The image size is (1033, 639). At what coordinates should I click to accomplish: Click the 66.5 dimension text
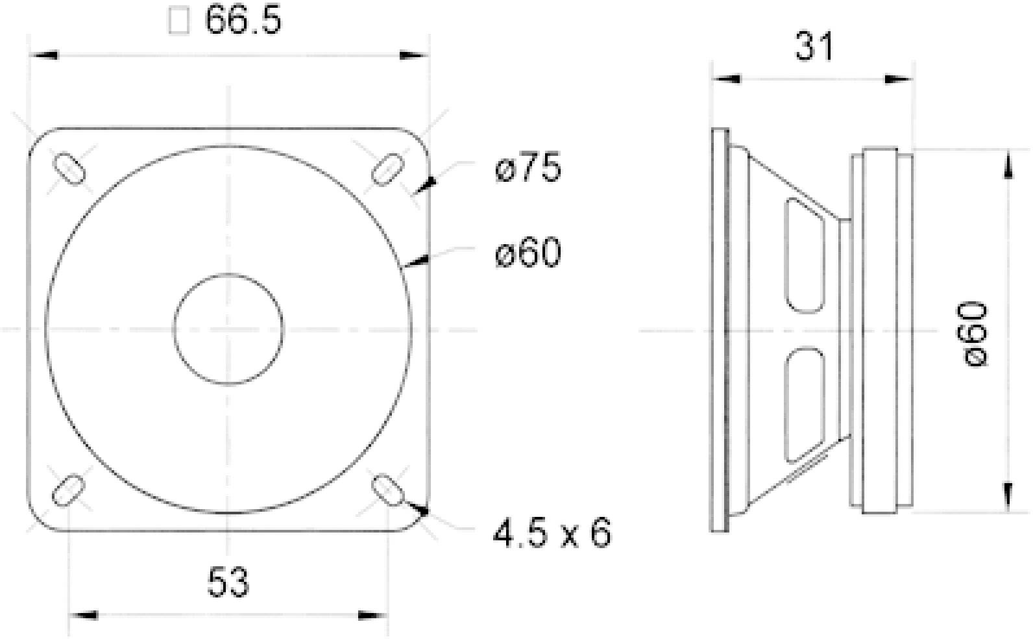click(243, 21)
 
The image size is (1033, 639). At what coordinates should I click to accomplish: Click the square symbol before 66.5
click(178, 21)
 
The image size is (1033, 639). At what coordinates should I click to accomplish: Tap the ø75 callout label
click(528, 169)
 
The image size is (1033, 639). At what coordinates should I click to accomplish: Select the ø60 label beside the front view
click(528, 253)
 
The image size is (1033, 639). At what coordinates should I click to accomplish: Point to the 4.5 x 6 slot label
click(552, 534)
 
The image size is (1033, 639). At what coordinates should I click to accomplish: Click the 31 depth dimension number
click(814, 47)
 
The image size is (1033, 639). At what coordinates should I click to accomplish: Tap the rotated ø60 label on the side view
click(975, 333)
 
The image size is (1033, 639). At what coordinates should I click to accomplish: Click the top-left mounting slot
click(69, 168)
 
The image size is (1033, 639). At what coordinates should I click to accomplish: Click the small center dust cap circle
click(228, 329)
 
